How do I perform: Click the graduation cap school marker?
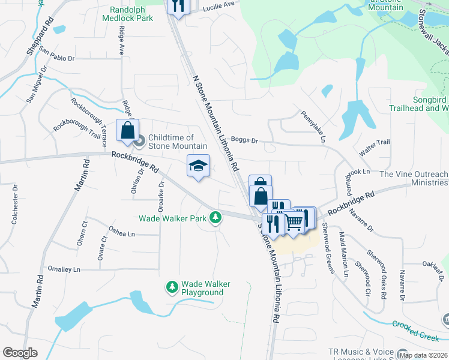(x=199, y=166)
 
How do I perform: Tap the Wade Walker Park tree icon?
(x=215, y=219)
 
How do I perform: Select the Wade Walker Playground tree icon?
(x=172, y=287)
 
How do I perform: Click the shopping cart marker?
(x=294, y=222)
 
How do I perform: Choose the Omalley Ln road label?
(x=64, y=269)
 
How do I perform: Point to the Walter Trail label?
(x=375, y=146)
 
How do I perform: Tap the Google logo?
(x=20, y=353)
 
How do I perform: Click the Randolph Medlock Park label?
(x=132, y=14)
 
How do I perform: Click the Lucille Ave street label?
(x=219, y=4)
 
